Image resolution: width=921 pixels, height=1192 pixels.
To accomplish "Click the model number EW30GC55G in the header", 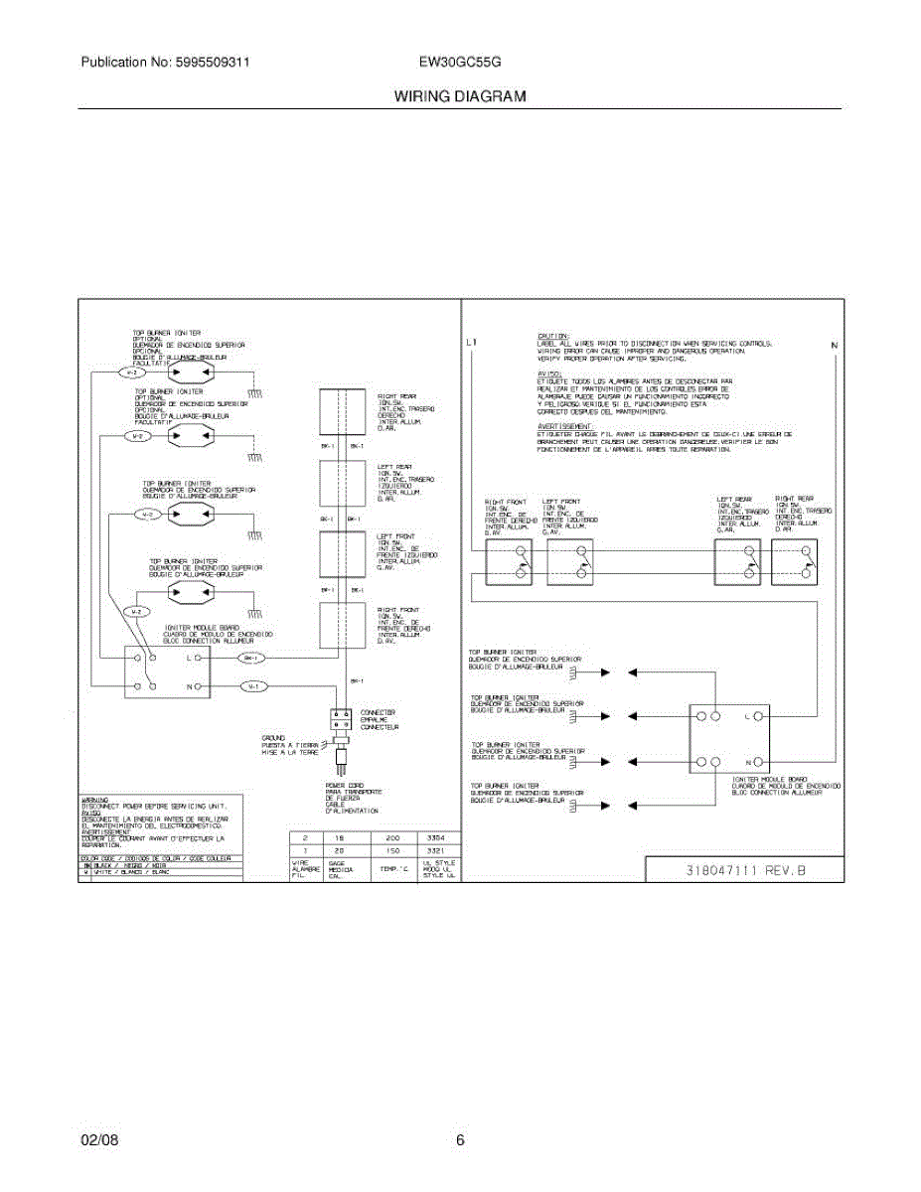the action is click(x=460, y=62).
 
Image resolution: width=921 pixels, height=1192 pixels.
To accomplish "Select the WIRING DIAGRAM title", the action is click(x=460, y=97).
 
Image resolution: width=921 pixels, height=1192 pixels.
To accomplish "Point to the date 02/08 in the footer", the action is click(x=99, y=1140).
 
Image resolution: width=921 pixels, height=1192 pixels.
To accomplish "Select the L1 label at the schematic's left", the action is click(x=472, y=345).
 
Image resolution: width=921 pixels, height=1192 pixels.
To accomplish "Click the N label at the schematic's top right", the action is click(x=835, y=345).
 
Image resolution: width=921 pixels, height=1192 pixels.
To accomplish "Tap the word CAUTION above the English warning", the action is click(x=552, y=336).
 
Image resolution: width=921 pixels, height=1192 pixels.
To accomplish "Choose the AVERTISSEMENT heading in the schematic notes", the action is click(x=560, y=427).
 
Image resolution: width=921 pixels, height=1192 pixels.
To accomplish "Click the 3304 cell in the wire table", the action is click(x=434, y=838).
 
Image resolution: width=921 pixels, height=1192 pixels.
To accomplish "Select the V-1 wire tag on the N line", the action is click(x=253, y=686).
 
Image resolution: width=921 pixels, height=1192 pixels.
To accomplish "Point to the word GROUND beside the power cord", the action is click(x=273, y=737).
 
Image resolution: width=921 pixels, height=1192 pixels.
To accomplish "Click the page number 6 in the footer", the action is click(x=460, y=1140).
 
